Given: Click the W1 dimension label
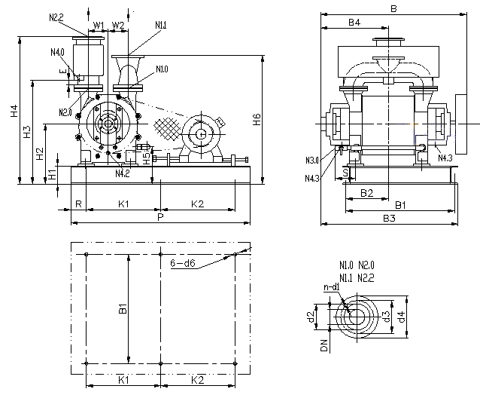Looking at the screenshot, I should click(x=98, y=25).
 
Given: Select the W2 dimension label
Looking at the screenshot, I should click(x=118, y=25).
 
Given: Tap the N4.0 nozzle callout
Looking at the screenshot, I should click(x=57, y=52).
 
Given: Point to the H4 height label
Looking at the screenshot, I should click(x=14, y=110).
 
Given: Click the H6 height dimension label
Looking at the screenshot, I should click(x=257, y=120).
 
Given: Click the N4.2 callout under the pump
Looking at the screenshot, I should click(x=123, y=173).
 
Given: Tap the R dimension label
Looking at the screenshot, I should click(x=77, y=204).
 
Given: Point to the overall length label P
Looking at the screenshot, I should click(x=160, y=217).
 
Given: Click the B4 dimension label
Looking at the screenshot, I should click(x=354, y=23).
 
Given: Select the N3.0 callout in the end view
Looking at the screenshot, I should click(x=313, y=160).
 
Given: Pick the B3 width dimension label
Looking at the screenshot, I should click(x=389, y=218).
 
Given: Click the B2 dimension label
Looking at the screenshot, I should click(x=366, y=193).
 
